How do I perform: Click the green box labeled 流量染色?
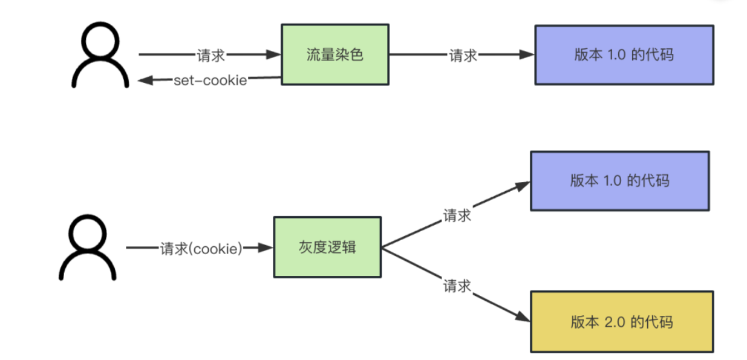point(334,54)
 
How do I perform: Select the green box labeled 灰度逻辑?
point(327,247)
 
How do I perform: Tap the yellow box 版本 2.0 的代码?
point(621,321)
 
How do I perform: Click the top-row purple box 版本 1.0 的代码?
point(624,54)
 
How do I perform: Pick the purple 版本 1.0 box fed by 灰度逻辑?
point(619,180)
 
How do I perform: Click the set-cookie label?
point(210,80)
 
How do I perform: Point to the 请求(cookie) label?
point(201,248)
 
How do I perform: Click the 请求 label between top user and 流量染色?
point(211,55)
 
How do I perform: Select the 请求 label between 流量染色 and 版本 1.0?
point(463,55)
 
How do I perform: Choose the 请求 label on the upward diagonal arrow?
point(457,215)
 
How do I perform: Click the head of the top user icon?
point(100,42)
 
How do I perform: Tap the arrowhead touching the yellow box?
point(524,316)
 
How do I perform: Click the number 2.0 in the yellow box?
point(615,321)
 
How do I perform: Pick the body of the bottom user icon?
point(87,266)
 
